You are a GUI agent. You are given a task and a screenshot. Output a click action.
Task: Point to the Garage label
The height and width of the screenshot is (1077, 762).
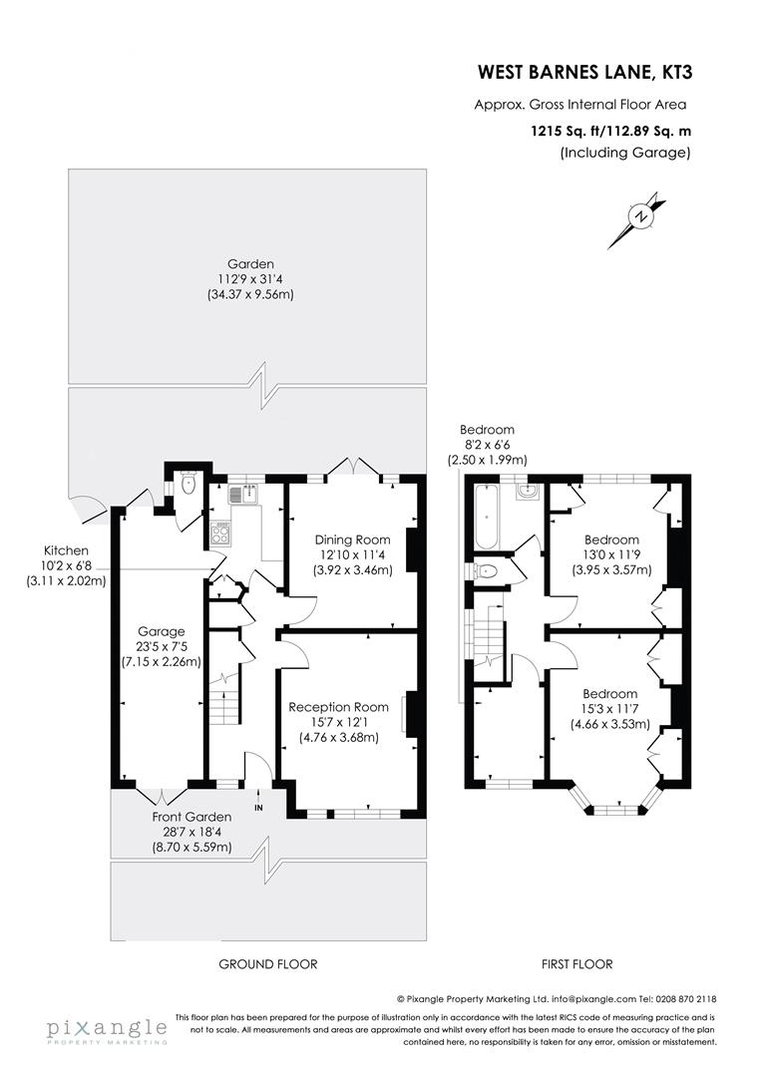(162, 631)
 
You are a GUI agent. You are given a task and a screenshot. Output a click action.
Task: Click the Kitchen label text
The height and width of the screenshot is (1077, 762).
(66, 550)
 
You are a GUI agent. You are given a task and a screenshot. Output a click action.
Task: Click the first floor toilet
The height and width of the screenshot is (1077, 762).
(486, 571)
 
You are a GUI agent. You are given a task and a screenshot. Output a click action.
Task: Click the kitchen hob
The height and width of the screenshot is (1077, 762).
(218, 533)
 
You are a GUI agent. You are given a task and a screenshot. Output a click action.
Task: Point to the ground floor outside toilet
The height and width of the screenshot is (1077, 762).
(189, 486)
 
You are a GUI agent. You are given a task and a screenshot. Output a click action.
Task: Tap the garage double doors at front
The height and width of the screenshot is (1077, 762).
(161, 795)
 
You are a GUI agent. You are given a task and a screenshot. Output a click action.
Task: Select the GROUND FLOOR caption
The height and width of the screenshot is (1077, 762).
(267, 964)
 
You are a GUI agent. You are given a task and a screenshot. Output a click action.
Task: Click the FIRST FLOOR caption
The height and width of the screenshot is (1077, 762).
(576, 964)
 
